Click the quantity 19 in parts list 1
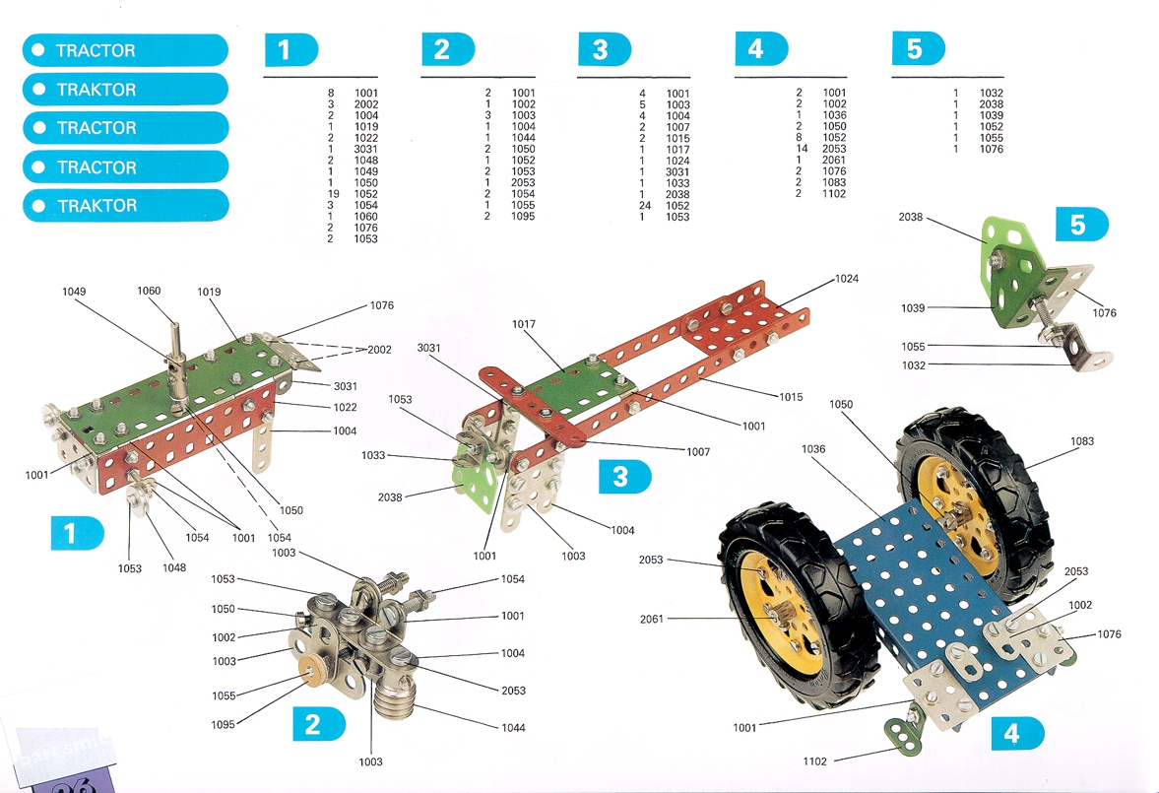pyautogui.click(x=333, y=194)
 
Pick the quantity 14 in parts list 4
pyautogui.click(x=802, y=149)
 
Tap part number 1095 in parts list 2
pyautogui.click(x=523, y=217)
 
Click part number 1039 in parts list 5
pyautogui.click(x=992, y=115)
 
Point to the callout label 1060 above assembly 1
pyautogui.click(x=149, y=291)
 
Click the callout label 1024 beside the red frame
pyautogui.click(x=846, y=279)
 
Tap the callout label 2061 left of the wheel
pyautogui.click(x=651, y=619)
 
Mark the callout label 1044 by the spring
pyautogui.click(x=513, y=728)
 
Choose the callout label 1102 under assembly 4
pyautogui.click(x=814, y=760)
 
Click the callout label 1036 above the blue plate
pyautogui.click(x=813, y=449)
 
